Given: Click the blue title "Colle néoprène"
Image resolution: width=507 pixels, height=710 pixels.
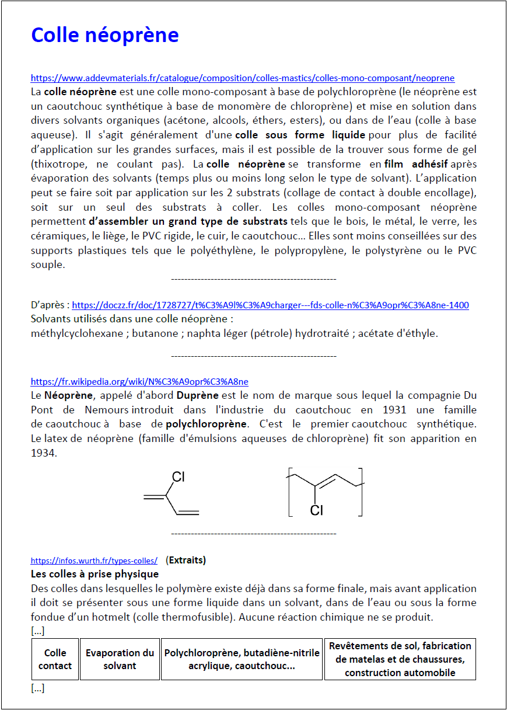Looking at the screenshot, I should coord(104,35).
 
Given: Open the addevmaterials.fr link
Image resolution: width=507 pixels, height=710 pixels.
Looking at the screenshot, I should coord(242,78).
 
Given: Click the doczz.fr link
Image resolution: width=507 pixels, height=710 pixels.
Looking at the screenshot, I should coord(270,305).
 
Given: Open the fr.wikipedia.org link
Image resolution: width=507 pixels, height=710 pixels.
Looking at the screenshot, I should coord(139,382).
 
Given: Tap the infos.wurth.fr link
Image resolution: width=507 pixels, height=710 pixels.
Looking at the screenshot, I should coord(94,561).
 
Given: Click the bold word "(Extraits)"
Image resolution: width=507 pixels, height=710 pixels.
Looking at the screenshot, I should coord(186,560).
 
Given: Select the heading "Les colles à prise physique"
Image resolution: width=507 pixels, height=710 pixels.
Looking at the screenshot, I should coord(95,574).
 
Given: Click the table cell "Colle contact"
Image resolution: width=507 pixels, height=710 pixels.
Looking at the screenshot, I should coord(55,659).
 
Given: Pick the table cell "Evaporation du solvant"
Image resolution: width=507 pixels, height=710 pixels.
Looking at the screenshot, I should coord(120,659).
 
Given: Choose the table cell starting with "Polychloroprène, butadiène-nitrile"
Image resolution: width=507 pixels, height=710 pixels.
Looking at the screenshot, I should coord(242,659).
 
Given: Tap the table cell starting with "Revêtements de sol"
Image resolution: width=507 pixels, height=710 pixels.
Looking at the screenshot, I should coord(400,659).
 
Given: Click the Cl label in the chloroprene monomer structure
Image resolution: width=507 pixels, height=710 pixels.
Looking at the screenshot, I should coord(178,477).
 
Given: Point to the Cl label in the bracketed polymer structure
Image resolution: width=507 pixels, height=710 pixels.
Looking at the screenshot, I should coord(316,510).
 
